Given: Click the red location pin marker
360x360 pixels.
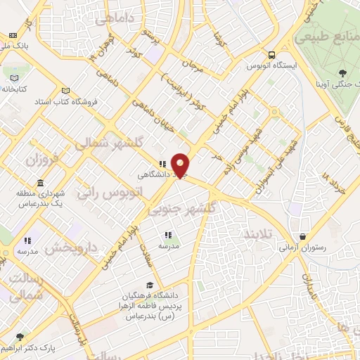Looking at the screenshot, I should pyautogui.click(x=181, y=164).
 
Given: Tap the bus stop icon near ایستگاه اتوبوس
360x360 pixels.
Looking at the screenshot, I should pyautogui.click(x=271, y=54).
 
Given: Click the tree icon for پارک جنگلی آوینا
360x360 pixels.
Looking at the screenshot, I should pyautogui.click(x=342, y=73).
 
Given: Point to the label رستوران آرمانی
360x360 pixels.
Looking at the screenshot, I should pyautogui.click(x=303, y=248).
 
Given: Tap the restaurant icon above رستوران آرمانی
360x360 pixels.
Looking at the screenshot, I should pyautogui.click(x=303, y=237).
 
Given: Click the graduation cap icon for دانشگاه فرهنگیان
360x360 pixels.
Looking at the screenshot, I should pyautogui.click(x=149, y=285).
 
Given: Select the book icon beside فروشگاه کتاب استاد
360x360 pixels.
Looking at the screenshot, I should pyautogui.click(x=66, y=91).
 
